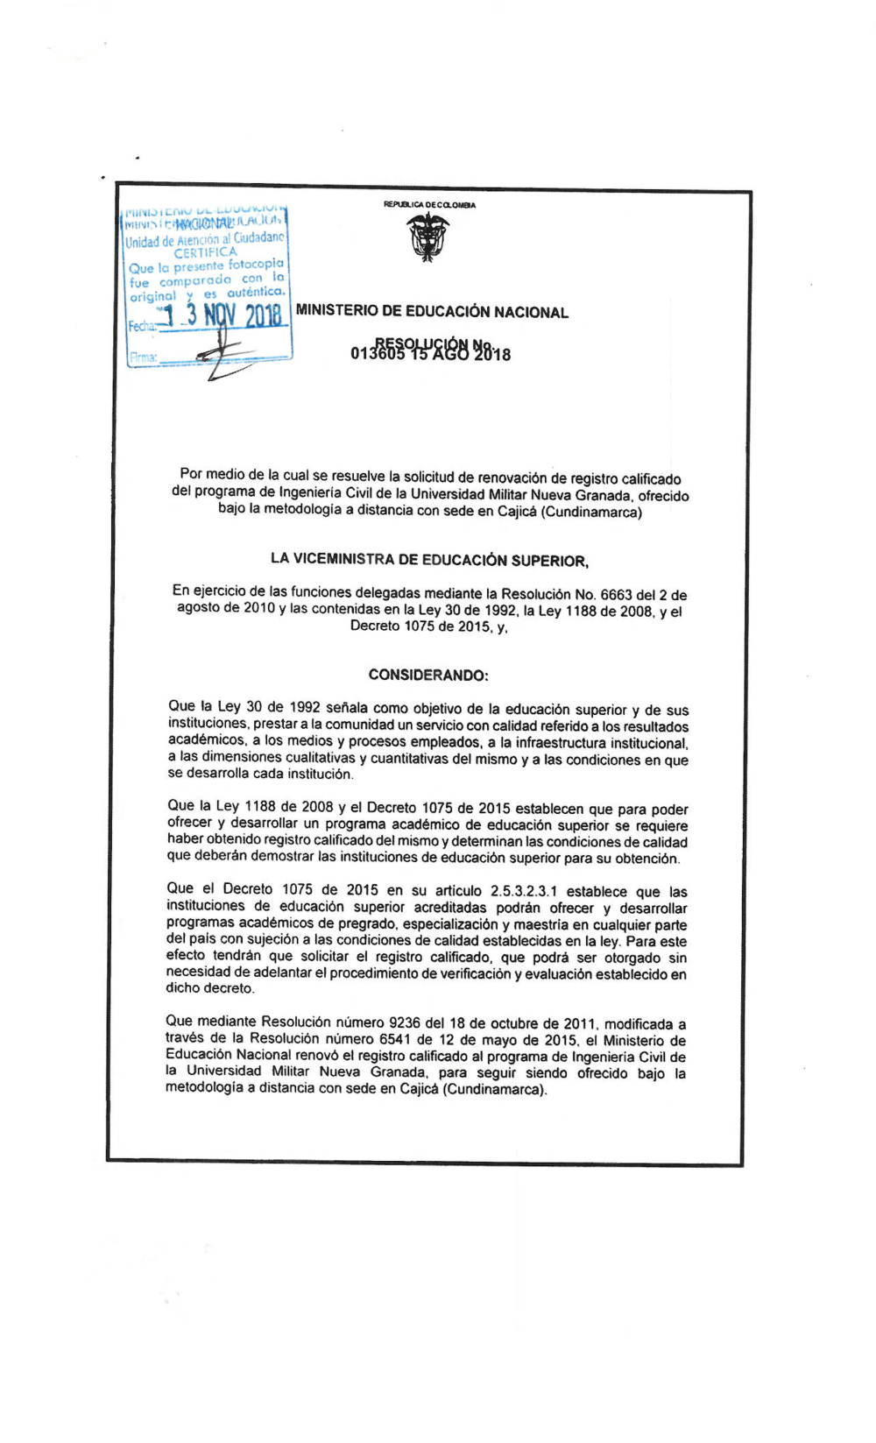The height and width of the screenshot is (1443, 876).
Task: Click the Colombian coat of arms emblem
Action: coord(428,237)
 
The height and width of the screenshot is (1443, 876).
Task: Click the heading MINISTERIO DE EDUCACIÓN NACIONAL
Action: coord(432,312)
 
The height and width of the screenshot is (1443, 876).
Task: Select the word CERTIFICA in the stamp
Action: coord(205,252)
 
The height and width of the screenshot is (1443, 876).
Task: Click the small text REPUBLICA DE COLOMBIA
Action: coord(429,205)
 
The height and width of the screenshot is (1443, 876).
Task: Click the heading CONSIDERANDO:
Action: coord(428,675)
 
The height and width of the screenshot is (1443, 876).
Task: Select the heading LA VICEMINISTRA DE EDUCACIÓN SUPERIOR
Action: coord(429,561)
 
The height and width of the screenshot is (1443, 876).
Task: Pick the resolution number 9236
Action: coord(405,1022)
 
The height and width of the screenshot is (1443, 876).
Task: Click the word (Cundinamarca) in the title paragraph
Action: coord(592,512)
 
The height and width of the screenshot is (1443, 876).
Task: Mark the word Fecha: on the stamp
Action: coord(141,326)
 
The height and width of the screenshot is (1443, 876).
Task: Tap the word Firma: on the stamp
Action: coord(142,357)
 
